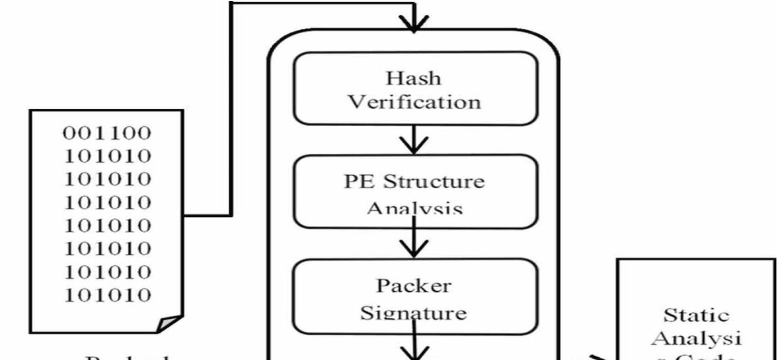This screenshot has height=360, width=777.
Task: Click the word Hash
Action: tap(414, 78)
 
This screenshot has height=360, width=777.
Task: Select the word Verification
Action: tap(414, 102)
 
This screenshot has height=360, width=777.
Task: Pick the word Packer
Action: tap(414, 286)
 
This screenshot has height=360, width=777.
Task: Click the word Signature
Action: tap(413, 312)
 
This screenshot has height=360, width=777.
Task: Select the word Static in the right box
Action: tap(696, 314)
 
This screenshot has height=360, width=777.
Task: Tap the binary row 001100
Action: tap(107, 134)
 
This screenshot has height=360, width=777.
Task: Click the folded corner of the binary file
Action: tap(169, 324)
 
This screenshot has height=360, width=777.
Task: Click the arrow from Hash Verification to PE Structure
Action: tap(414, 141)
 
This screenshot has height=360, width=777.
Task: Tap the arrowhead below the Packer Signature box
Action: tap(414, 352)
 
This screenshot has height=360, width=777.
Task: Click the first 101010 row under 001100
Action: tap(107, 156)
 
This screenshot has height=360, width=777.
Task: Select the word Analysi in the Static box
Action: tap(696, 338)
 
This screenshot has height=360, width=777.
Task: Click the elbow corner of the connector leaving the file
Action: tap(230, 214)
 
